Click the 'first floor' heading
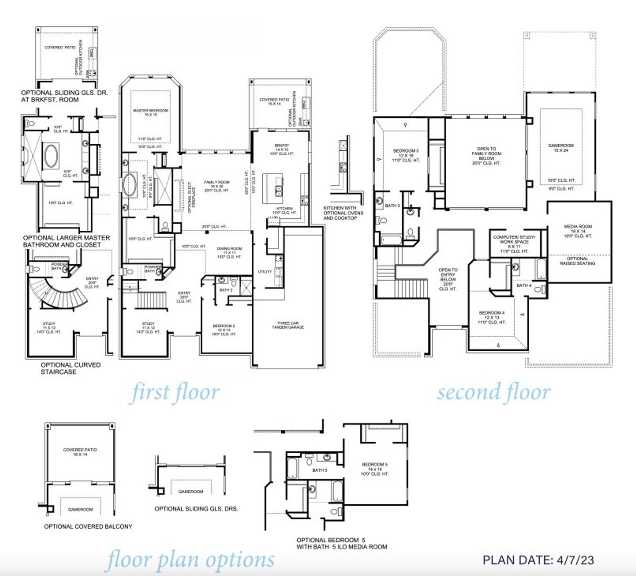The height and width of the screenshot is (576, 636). click(x=174, y=392)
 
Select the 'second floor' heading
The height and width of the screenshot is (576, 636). click(x=493, y=392)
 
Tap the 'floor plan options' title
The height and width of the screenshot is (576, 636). click(x=189, y=560)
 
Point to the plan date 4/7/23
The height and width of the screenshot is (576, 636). click(x=538, y=560)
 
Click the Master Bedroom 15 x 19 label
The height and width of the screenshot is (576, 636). click(x=150, y=112)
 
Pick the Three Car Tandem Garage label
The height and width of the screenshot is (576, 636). click(x=288, y=325)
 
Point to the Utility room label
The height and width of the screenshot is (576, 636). click(x=265, y=272)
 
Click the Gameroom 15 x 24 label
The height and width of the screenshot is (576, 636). click(x=560, y=148)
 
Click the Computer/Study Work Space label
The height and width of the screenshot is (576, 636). click(x=514, y=241)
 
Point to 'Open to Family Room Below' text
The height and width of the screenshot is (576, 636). click(x=486, y=156)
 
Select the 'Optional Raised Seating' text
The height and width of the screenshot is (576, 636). click(x=577, y=261)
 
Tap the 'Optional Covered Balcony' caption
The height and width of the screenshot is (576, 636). click(x=88, y=526)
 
